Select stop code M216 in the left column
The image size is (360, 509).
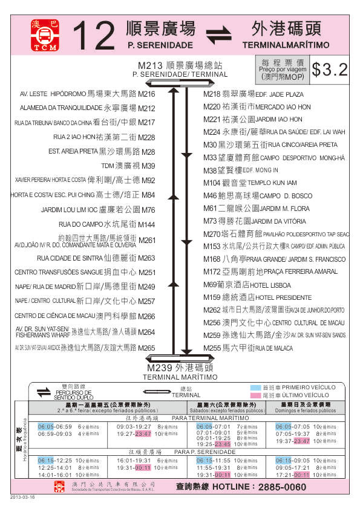146,94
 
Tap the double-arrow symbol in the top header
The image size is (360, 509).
219,34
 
